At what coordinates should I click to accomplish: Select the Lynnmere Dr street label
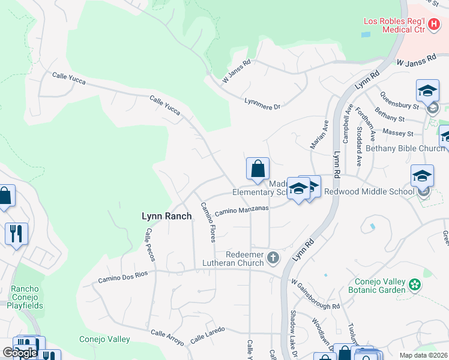click(263, 104)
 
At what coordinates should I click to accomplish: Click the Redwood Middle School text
click(369, 191)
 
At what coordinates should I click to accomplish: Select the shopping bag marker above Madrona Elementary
click(258, 169)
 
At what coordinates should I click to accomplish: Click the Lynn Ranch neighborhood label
click(166, 216)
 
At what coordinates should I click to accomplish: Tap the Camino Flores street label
click(208, 222)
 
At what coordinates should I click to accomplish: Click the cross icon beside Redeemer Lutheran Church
click(273, 257)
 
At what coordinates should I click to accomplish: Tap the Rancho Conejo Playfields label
click(25, 297)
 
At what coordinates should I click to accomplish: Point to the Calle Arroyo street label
click(167, 337)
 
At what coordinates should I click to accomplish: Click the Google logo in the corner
click(20, 353)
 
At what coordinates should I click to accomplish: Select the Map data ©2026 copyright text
click(424, 355)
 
